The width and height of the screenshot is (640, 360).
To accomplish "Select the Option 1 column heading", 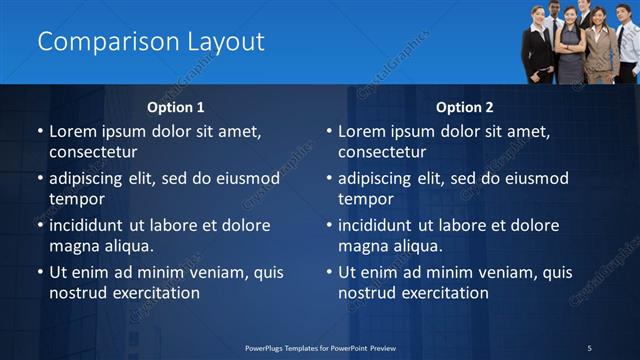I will pyautogui.click(x=176, y=107).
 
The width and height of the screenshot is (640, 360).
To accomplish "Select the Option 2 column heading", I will pyautogui.click(x=465, y=107).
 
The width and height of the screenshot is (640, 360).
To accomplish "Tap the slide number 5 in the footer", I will pyautogui.click(x=589, y=347).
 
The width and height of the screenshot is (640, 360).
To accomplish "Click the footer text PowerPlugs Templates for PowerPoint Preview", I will pyautogui.click(x=319, y=347).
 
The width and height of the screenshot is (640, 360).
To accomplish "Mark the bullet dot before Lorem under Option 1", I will pyautogui.click(x=40, y=132).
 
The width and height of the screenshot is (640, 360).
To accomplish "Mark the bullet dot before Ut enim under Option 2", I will pyautogui.click(x=329, y=272).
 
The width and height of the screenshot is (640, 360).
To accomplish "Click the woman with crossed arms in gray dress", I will pyautogui.click(x=571, y=45).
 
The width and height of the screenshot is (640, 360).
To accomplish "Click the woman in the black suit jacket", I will pyautogui.click(x=537, y=45).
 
